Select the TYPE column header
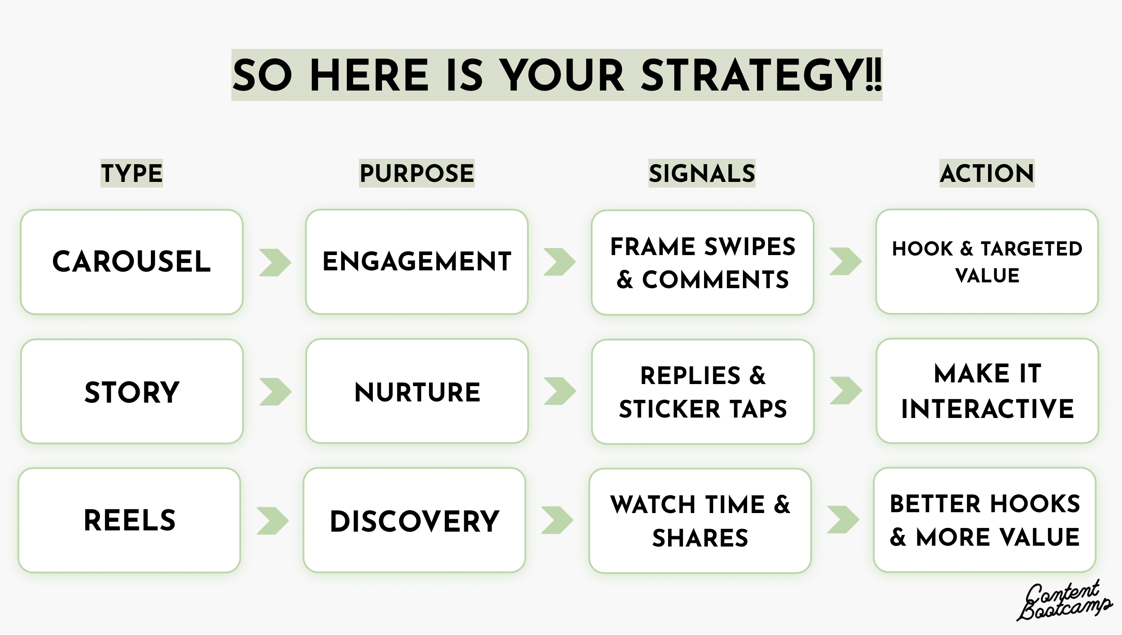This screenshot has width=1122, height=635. tap(132, 173)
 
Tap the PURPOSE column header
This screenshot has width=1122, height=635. tap(416, 173)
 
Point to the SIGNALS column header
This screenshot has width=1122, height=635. tap(702, 173)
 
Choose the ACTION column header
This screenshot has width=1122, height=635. tap(986, 173)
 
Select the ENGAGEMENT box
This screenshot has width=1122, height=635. tap(416, 262)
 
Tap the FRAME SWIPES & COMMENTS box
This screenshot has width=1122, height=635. tap(702, 263)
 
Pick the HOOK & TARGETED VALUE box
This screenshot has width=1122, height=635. tap(987, 262)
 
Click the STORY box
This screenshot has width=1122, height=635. tap(132, 392)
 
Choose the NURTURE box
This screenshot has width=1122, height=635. tap(417, 392)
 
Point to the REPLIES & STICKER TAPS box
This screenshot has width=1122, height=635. tap(702, 392)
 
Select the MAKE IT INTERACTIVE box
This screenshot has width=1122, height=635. tap(987, 391)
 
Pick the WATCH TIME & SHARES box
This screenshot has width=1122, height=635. tap(700, 521)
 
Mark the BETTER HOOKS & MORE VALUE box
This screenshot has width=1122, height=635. tap(985, 520)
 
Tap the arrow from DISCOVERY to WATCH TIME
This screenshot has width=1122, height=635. tap(557, 520)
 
